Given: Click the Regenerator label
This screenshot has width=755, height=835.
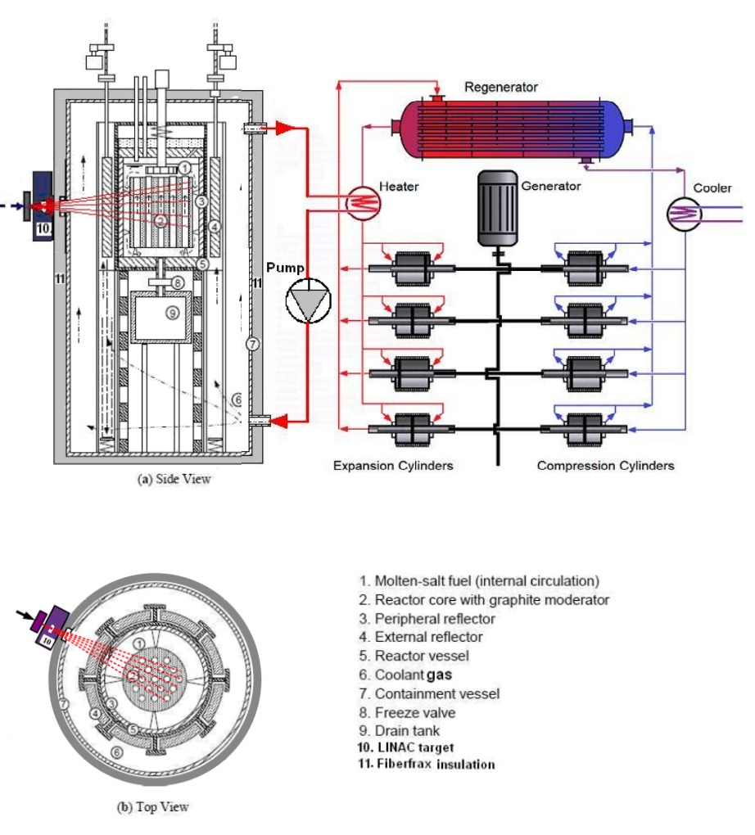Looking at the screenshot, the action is (x=501, y=87).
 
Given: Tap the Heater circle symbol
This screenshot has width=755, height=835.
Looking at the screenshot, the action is (x=363, y=202).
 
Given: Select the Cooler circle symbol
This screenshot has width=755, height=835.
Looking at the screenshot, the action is (x=684, y=214).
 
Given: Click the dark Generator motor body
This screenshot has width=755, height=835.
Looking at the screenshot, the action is (x=498, y=208).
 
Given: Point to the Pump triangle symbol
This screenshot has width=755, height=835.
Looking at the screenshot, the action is (x=308, y=301).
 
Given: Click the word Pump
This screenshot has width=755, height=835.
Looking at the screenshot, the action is (x=285, y=268).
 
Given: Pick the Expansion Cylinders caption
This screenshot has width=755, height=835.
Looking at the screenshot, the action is (x=393, y=466).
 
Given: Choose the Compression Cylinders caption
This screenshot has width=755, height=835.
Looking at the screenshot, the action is (x=605, y=466).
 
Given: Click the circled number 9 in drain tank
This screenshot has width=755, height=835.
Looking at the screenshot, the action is (x=172, y=313).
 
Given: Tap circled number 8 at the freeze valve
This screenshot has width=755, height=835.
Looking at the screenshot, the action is (x=178, y=282).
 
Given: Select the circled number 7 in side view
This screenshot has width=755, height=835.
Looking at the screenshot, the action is (x=252, y=344).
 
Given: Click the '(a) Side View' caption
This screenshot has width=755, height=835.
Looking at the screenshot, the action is (x=174, y=479).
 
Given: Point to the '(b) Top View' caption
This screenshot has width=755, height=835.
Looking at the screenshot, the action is (x=152, y=807).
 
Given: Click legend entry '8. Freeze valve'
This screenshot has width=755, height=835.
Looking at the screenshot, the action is (x=407, y=712).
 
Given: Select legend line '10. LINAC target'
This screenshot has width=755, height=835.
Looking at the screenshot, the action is (x=405, y=747).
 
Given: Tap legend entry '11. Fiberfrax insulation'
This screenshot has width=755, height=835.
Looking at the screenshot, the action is (x=427, y=764).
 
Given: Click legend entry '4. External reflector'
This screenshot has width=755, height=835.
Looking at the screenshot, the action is (x=421, y=637).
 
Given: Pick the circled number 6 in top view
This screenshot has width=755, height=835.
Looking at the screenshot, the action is (x=116, y=752).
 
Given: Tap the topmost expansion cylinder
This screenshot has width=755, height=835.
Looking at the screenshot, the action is (x=413, y=269).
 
